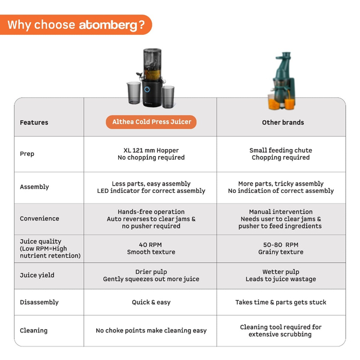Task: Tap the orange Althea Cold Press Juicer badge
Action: pos(151,122)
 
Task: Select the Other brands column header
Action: pos(282,123)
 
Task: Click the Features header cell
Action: pos(34,123)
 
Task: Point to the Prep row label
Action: pos(27,154)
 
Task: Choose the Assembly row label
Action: pos(34,187)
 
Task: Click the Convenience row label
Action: pos(39,219)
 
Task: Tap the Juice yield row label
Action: pos(38,276)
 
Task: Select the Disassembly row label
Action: pos(39,303)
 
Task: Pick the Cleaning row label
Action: pos(34,331)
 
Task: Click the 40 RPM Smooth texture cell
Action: pos(151,249)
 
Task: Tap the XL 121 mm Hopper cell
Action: pos(151,154)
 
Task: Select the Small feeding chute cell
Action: pos(281,154)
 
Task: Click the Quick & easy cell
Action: pos(151,303)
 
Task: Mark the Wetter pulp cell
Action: pos(281,276)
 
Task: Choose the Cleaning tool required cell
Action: pos(281,331)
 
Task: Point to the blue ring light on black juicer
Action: pos(147,89)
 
